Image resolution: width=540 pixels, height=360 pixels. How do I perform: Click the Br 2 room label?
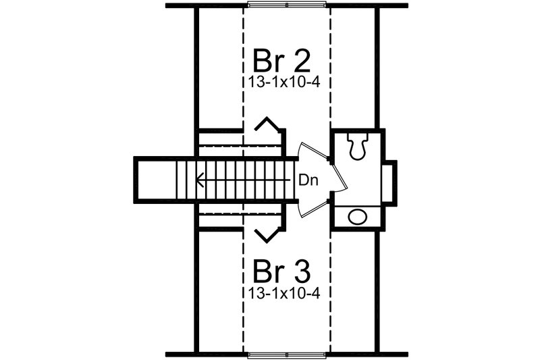tap(281, 61)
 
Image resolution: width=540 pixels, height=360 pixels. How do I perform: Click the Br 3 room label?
tap(281, 271)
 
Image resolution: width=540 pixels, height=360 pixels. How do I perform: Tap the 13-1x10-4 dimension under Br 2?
tap(283, 82)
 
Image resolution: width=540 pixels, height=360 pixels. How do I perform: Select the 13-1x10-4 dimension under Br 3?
tap(283, 293)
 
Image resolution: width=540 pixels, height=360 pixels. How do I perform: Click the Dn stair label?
tap(308, 180)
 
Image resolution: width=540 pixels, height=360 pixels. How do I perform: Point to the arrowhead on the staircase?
tap(199, 180)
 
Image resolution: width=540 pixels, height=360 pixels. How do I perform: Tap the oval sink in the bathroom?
tap(358, 217)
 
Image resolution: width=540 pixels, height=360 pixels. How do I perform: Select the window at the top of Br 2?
tap(287, 5)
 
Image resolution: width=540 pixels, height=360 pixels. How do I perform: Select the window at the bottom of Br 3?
tap(287, 355)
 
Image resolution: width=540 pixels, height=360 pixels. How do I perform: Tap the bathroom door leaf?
tap(338, 175)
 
